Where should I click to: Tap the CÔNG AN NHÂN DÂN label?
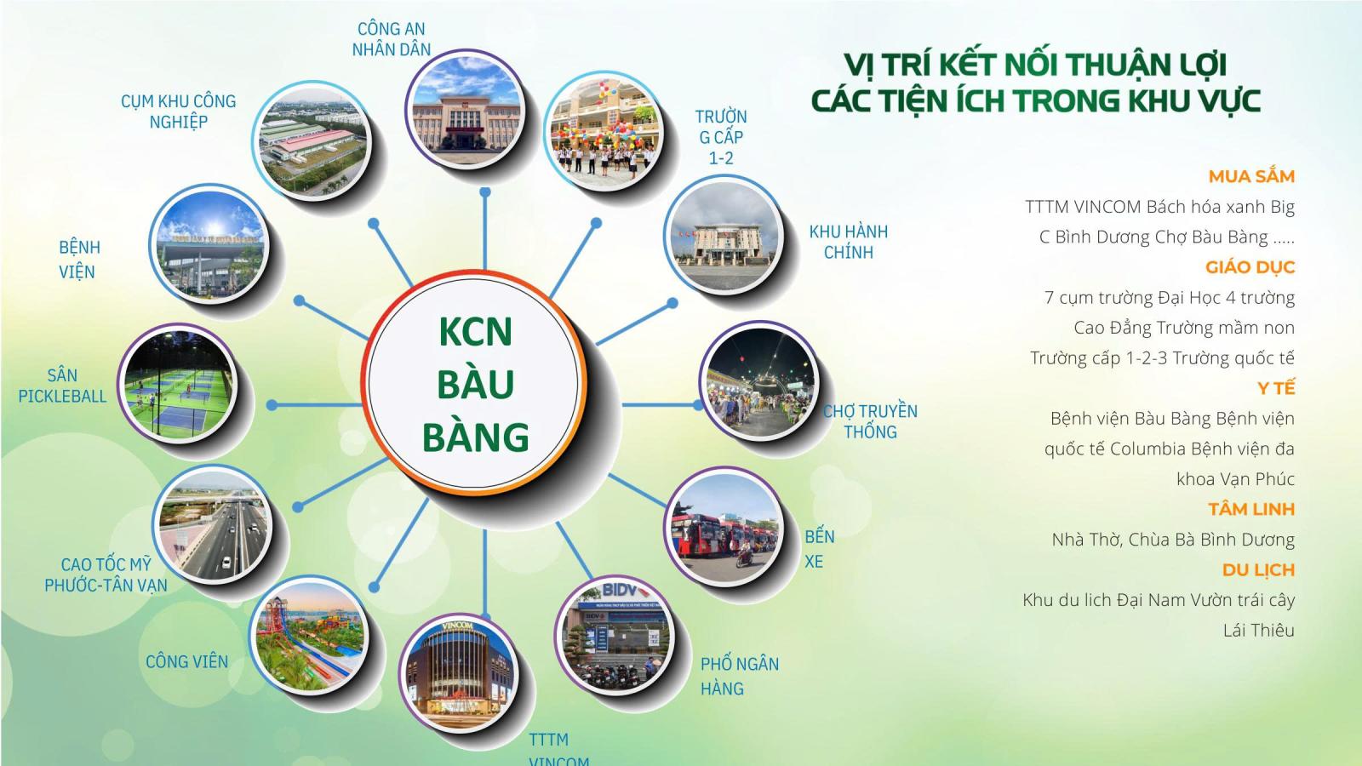coord(392,39)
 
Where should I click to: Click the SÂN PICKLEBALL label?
coord(62,386)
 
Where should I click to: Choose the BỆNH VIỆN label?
coord(78,260)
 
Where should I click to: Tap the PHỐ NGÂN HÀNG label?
coord(739,676)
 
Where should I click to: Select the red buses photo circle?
coord(724,528)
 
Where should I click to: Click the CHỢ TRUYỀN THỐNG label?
coord(870,421)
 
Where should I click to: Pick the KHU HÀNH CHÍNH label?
coord(848,242)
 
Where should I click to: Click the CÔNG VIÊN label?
coord(186,661)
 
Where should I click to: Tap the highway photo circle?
coord(215,524)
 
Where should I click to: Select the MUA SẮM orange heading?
coord(1251,177)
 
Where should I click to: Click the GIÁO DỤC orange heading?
coord(1250,267)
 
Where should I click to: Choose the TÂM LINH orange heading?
coord(1250,509)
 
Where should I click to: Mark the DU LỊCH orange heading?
coord(1257,570)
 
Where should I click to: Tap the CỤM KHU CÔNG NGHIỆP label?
coord(178,111)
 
